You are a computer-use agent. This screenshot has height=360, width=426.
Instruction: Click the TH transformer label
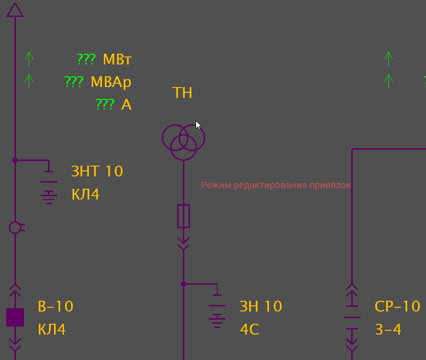(182, 93)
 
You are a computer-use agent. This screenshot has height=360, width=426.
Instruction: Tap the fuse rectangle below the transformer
(183, 216)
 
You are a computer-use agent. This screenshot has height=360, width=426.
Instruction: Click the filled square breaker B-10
(15, 318)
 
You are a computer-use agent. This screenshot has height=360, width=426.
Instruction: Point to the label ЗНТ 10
(97, 171)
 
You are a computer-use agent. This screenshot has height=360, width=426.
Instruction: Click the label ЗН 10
(261, 307)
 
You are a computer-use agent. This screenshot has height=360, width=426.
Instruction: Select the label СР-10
(397, 307)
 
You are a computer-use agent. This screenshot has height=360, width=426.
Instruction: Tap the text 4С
(250, 329)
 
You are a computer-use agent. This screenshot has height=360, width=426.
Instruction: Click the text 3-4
(388, 329)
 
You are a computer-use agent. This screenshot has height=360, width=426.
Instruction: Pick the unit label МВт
(117, 60)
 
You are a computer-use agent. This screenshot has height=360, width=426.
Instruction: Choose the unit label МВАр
(111, 82)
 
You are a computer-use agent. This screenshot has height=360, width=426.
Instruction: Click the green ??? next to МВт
(86, 60)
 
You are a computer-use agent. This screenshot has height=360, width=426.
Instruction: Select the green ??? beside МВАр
(74, 82)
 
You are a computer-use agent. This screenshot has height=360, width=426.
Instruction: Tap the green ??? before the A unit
(105, 104)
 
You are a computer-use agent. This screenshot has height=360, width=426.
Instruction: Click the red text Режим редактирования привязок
(276, 185)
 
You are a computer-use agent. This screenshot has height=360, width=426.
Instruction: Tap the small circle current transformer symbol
(15, 228)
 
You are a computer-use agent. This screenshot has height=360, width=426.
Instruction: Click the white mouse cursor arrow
(198, 125)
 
